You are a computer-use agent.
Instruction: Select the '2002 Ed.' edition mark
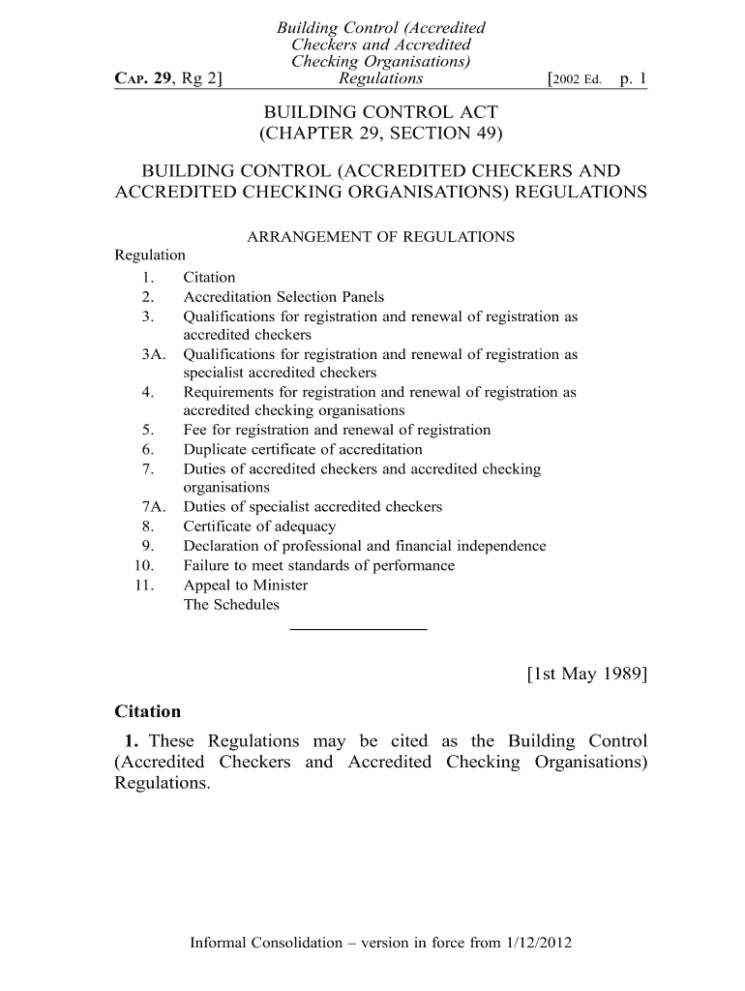point(578,79)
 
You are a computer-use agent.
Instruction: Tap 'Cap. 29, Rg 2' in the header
point(168,79)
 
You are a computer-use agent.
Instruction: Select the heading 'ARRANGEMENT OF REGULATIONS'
point(381,236)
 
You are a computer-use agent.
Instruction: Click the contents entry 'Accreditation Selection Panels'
point(283,297)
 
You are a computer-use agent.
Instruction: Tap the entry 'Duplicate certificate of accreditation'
point(303,450)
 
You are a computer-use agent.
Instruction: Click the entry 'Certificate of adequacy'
point(259,526)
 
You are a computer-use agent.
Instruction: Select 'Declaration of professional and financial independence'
point(365,546)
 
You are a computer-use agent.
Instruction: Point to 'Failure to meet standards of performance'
point(318,565)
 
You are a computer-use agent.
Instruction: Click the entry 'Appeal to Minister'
point(246,586)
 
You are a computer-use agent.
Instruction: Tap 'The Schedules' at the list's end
point(231,605)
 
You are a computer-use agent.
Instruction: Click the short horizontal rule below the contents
point(358,629)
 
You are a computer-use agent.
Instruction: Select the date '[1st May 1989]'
point(586,674)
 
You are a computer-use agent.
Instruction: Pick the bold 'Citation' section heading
point(148,711)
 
